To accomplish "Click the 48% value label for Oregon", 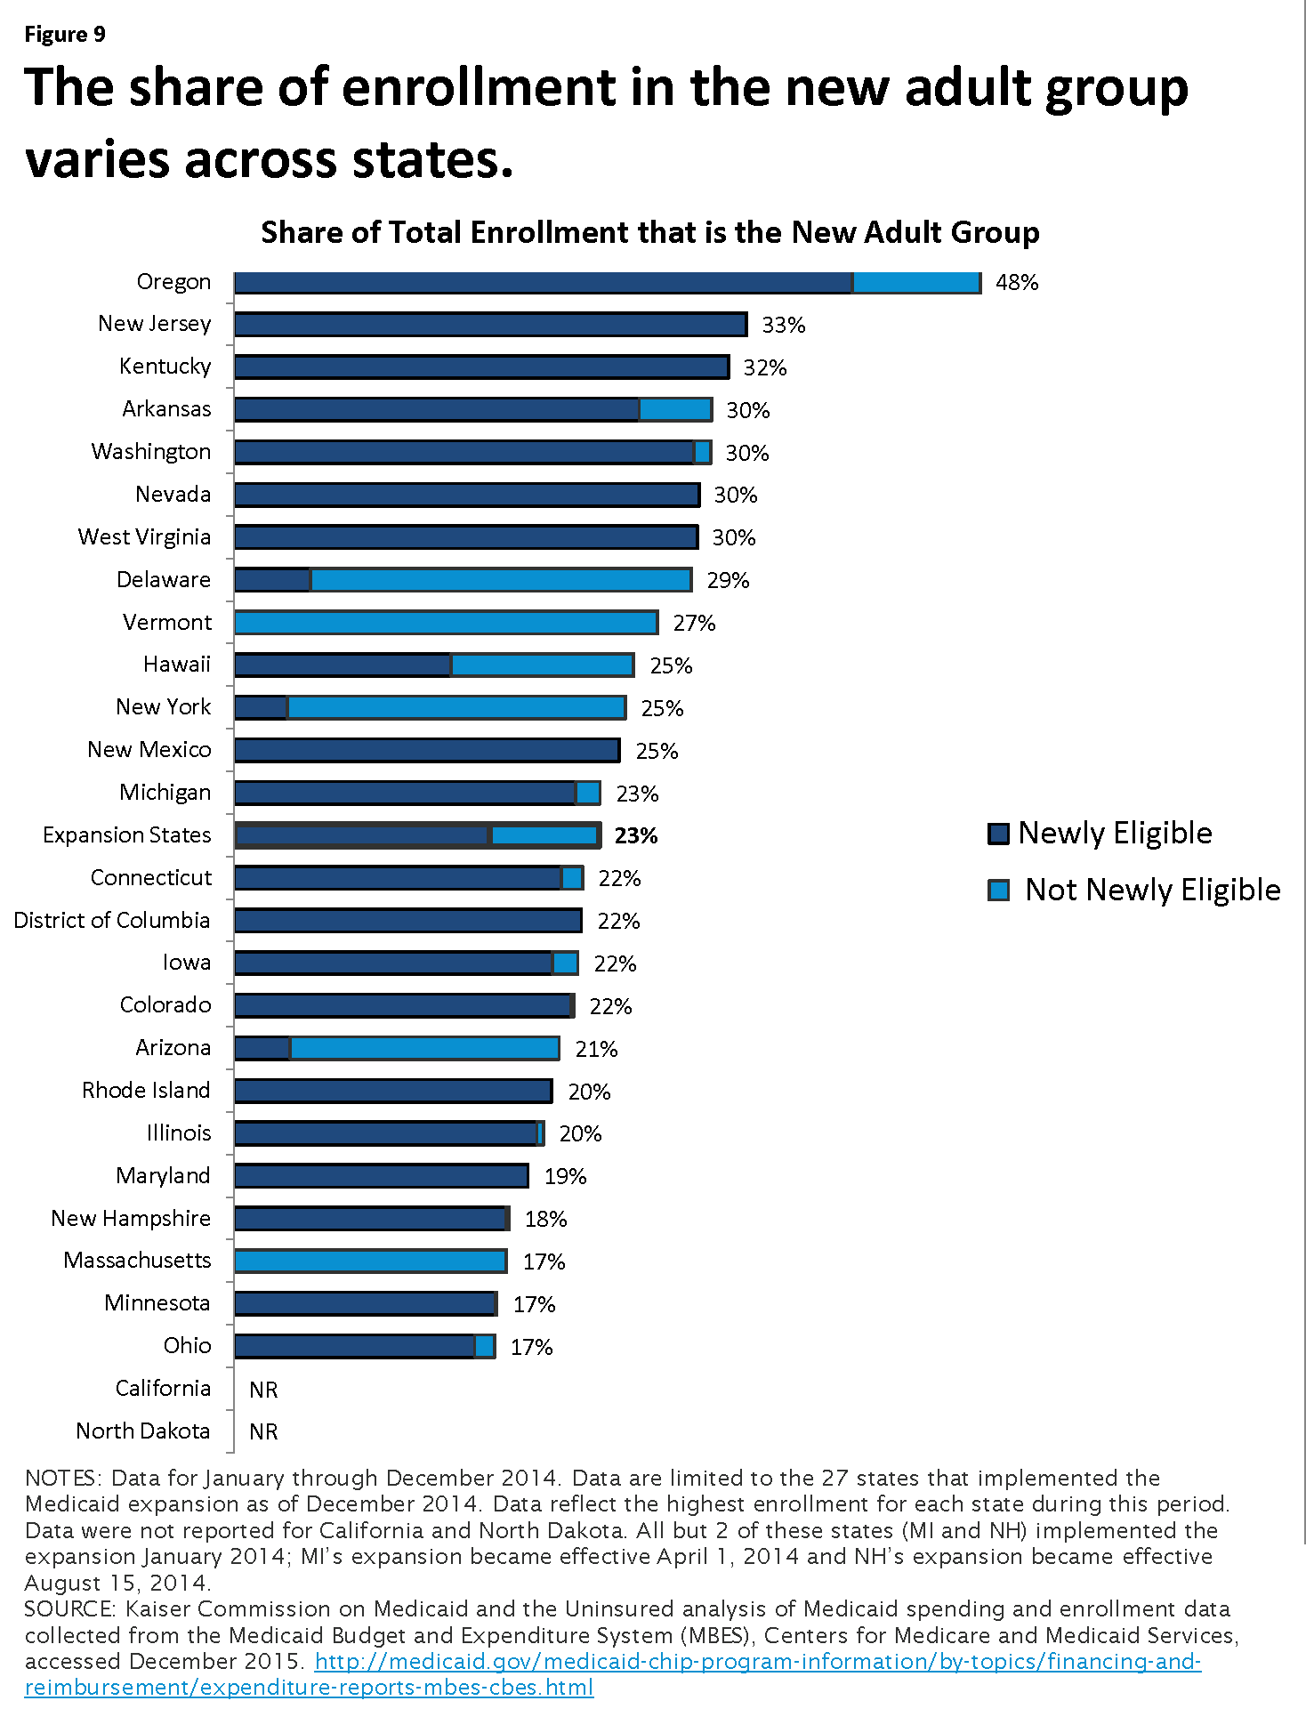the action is [1017, 282].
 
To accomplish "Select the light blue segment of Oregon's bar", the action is [916, 282].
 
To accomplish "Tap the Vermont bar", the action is [447, 623].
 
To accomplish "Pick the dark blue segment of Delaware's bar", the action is [272, 580].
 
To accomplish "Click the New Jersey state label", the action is [155, 324].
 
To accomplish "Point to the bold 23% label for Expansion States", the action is [636, 835].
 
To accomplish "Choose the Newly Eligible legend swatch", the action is [998, 834].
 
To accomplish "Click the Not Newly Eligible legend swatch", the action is [998, 890].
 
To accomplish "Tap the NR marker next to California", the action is [263, 1390].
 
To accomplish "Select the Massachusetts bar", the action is [371, 1261].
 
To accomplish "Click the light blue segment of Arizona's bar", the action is [424, 1048].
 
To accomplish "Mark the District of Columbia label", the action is [112, 920].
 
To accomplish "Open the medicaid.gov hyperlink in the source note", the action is [613, 1674].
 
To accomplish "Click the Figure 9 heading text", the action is [65, 35].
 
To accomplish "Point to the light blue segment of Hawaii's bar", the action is [543, 665].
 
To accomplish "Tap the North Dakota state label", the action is [143, 1431].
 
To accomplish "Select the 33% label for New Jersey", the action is [784, 325].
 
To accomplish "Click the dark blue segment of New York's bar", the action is [261, 707].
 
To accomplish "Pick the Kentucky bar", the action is [482, 367].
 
